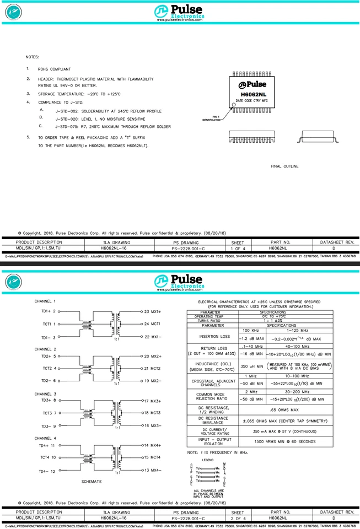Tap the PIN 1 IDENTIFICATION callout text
click(x=211, y=118)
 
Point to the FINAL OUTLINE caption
click(x=284, y=166)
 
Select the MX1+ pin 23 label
click(x=152, y=311)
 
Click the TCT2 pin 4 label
click(x=49, y=368)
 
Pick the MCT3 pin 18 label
click(x=152, y=412)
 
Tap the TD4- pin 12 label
click(x=47, y=471)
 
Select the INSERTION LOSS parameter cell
click(x=212, y=337)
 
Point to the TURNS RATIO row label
click(x=212, y=321)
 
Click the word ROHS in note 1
click(x=44, y=69)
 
